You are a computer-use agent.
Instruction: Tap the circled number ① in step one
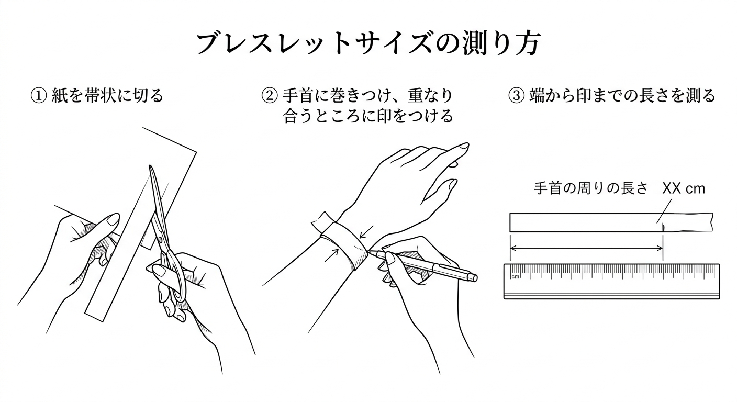pyautogui.click(x=38, y=96)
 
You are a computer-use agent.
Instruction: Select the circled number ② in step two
pyautogui.click(x=269, y=96)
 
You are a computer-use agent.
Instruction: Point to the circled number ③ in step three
pyautogui.click(x=516, y=96)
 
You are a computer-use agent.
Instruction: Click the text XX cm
pyautogui.click(x=684, y=189)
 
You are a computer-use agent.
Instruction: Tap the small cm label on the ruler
pyautogui.click(x=515, y=277)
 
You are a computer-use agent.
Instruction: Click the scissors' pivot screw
pyautogui.click(x=160, y=240)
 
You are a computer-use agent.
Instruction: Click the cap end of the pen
pyautogui.click(x=474, y=278)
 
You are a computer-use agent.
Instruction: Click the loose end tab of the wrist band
pyautogui.click(x=322, y=221)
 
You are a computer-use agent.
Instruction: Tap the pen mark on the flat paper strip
pyautogui.click(x=663, y=227)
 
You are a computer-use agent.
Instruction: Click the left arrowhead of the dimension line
pyautogui.click(x=512, y=248)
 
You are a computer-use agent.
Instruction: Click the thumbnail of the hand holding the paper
pyautogui.click(x=113, y=219)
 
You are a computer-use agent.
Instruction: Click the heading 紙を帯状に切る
pyautogui.click(x=108, y=96)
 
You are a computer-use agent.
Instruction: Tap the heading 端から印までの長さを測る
pyautogui.click(x=622, y=96)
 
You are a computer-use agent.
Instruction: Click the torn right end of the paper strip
pyautogui.click(x=711, y=222)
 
